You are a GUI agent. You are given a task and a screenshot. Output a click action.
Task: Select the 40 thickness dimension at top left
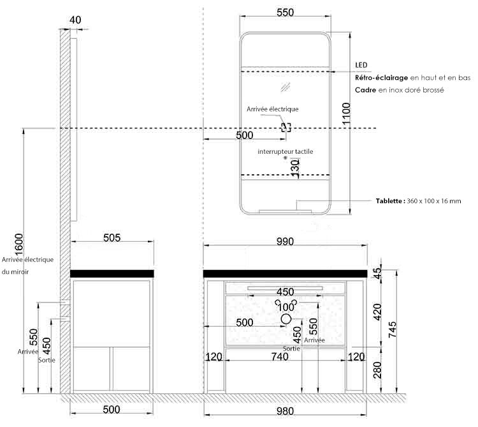[75, 20]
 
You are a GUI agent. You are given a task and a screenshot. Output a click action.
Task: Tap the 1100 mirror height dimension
[346, 114]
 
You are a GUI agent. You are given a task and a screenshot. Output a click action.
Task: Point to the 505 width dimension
[112, 237]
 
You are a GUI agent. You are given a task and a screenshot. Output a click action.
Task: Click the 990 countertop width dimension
[285, 241]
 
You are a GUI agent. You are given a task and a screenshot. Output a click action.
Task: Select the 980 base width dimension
[285, 411]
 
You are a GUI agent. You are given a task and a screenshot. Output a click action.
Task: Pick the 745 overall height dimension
[393, 329]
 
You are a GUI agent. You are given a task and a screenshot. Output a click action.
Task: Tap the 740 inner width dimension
[280, 356]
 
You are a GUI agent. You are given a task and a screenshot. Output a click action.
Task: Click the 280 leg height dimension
[377, 370]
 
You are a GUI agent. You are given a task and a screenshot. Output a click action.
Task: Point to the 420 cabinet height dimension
[377, 312]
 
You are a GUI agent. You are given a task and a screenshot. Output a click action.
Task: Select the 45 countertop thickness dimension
[377, 273]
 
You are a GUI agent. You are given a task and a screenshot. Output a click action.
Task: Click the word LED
[361, 65]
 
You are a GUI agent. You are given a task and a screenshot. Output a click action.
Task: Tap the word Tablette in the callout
[389, 201]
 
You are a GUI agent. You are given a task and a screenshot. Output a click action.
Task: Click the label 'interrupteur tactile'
[286, 151]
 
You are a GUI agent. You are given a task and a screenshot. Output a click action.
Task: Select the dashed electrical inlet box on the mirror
[286, 127]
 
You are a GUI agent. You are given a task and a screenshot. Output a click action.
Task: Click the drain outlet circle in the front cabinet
[286, 319]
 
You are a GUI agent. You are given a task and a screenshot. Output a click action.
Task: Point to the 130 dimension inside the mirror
[295, 168]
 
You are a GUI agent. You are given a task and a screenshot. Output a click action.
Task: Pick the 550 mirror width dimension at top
[286, 13]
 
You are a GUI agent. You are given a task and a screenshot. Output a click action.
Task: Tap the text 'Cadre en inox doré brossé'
[400, 90]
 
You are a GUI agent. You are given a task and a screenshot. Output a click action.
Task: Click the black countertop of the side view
[112, 274]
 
